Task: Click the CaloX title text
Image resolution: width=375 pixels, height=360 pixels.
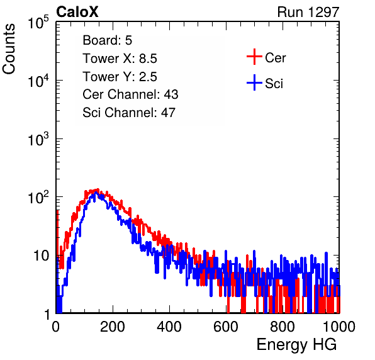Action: pyautogui.click(x=77, y=12)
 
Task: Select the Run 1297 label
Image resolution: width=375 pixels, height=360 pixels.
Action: pyautogui.click(x=308, y=12)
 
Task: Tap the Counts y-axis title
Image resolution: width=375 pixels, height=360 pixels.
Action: pyautogui.click(x=9, y=49)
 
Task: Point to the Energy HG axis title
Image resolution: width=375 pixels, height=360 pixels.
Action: pyautogui.click(x=296, y=345)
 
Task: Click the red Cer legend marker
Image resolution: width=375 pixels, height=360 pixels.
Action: pyautogui.click(x=254, y=57)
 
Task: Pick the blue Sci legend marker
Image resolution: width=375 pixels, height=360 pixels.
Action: pyautogui.click(x=254, y=82)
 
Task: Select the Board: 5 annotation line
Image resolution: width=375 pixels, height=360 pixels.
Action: pyautogui.click(x=107, y=40)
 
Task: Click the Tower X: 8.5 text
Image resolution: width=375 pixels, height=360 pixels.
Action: pyautogui.click(x=120, y=59)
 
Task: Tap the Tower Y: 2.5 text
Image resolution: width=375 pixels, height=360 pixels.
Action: pyautogui.click(x=120, y=77)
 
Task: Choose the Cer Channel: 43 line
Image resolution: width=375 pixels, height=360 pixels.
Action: pyautogui.click(x=130, y=94)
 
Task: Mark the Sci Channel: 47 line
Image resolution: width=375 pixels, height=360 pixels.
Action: pyautogui.click(x=129, y=113)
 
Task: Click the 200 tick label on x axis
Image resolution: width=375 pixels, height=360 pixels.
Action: pyautogui.click(x=113, y=327)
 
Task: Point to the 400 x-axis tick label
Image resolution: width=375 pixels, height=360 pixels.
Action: pyautogui.click(x=169, y=327)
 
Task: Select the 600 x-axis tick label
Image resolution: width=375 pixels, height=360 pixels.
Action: pyautogui.click(x=226, y=327)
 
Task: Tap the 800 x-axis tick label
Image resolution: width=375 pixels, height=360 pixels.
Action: pyautogui.click(x=283, y=327)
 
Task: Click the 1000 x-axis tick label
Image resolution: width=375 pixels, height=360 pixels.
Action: pyautogui.click(x=339, y=327)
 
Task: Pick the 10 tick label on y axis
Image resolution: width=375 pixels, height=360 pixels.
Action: pyautogui.click(x=41, y=256)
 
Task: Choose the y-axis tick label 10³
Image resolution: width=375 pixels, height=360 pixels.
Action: pyautogui.click(x=38, y=138)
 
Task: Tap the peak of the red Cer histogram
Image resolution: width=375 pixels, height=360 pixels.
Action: pyautogui.click(x=98, y=189)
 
